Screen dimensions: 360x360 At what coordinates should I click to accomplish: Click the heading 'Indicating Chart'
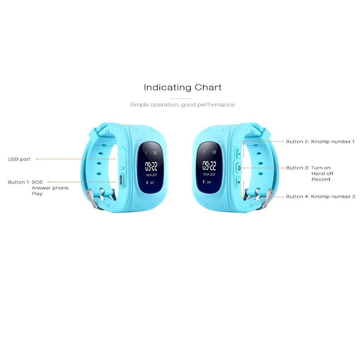point(182,87)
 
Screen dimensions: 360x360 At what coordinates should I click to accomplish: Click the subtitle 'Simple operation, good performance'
point(182,104)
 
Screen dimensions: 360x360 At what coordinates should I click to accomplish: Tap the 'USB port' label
point(19,159)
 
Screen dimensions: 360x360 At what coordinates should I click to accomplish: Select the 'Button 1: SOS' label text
point(25,182)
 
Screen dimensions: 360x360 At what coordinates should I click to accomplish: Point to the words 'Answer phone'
point(50,188)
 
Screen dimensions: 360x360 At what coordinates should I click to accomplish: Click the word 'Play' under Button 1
point(37,193)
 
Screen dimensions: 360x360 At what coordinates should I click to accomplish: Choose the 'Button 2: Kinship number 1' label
point(320,141)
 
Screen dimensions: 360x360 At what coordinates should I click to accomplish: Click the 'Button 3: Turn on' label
point(308,168)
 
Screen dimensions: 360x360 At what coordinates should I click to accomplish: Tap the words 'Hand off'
point(321,174)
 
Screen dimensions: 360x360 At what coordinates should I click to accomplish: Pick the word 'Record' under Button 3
point(321,179)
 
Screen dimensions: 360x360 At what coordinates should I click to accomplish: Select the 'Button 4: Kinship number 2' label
point(320,197)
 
